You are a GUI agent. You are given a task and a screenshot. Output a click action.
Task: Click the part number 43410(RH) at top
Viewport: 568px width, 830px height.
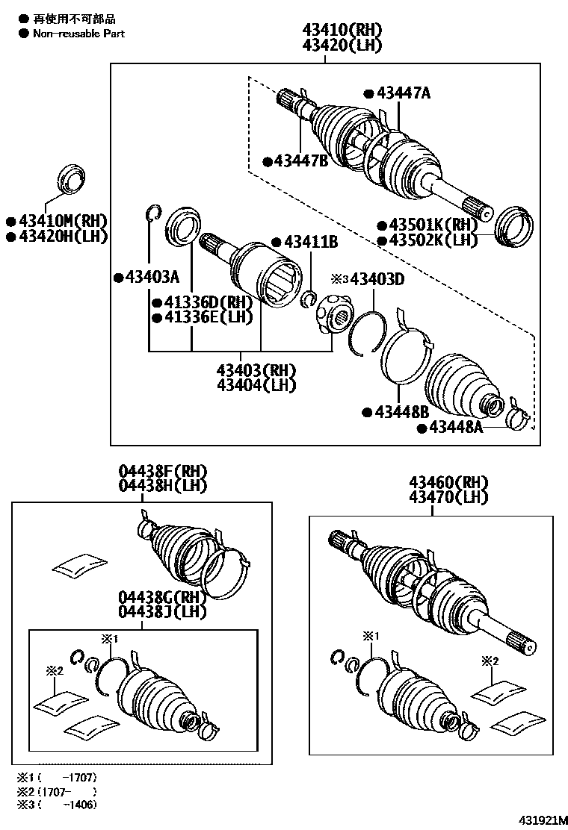click(x=342, y=31)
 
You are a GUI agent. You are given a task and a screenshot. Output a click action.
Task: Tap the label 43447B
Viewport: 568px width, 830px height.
click(x=301, y=160)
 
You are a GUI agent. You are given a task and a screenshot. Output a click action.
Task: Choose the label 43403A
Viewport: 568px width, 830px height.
click(x=152, y=278)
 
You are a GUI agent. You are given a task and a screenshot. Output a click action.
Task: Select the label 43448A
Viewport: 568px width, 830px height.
click(x=454, y=428)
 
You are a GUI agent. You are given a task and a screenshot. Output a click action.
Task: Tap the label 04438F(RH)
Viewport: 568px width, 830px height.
click(x=162, y=472)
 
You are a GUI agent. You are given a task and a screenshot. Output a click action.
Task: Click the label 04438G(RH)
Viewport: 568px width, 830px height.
click(x=162, y=599)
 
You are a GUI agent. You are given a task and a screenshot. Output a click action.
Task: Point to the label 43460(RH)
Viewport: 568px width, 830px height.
click(x=448, y=483)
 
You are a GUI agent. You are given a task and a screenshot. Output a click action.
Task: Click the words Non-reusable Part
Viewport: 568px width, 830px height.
click(x=78, y=34)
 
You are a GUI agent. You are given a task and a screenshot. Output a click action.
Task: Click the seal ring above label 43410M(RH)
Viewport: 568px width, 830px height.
click(x=72, y=179)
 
